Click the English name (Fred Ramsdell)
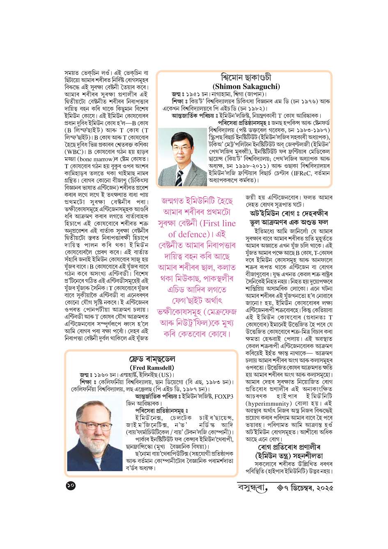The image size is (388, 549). [x=152, y=368]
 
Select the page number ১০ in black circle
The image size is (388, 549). [x=70, y=486]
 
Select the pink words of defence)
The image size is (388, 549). [x=189, y=234]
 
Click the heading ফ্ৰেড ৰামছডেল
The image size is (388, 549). [x=152, y=359]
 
